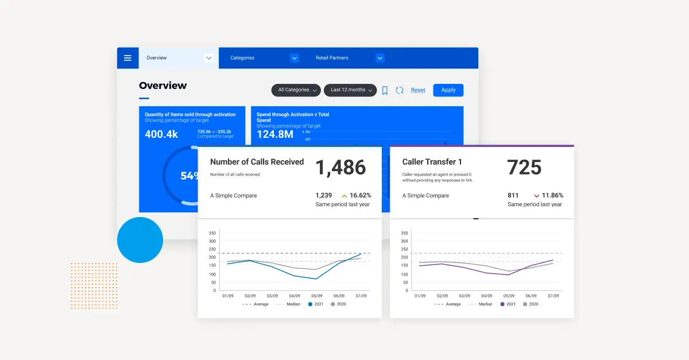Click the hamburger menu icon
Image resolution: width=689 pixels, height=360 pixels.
pos(127,58)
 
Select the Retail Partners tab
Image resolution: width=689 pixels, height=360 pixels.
pos(349,58)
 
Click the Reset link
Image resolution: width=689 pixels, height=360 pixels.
pos(418,90)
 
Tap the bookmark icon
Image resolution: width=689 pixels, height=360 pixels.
pos(385,90)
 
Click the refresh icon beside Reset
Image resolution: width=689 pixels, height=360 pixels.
pos(400,90)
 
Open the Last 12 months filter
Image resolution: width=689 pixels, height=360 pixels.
pos(350,90)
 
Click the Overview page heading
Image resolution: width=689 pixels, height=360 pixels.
pos(162,86)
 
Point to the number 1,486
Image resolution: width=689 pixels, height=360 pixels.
pos(340,168)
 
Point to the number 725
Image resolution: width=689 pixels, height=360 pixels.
pos(524,168)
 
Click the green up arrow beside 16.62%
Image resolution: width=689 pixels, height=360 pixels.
pos(344,196)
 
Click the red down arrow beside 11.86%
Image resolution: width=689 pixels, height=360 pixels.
pos(536,196)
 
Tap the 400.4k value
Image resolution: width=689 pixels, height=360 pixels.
pos(161,134)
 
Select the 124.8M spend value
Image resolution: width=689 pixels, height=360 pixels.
pos(275,134)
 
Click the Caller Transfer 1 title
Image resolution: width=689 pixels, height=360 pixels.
pos(432,162)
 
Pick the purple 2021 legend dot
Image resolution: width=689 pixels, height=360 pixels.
pos(502,304)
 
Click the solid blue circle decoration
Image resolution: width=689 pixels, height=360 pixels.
pos(140,240)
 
